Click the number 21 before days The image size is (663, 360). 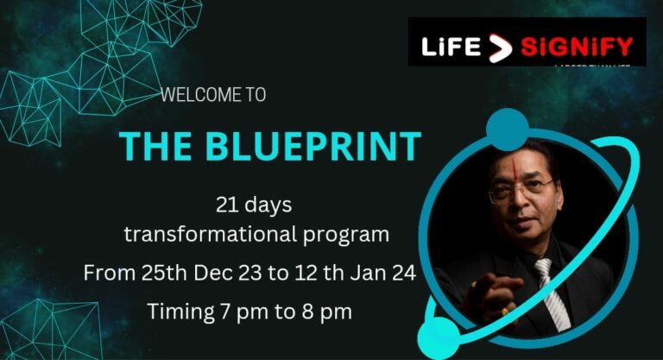coord(227,206)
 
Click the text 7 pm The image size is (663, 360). coord(252,312)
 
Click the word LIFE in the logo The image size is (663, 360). coord(451,46)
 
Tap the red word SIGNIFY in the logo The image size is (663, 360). coord(576,46)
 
